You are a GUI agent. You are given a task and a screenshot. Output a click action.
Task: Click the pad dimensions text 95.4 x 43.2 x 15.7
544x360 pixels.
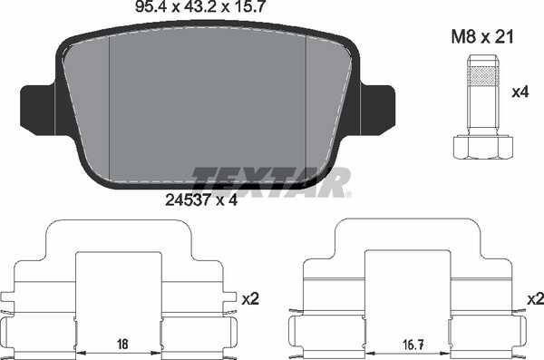(x=200, y=6)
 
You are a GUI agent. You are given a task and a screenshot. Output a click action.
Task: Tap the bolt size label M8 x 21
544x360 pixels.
(x=482, y=37)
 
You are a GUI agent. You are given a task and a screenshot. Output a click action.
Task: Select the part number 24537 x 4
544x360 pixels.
(x=201, y=200)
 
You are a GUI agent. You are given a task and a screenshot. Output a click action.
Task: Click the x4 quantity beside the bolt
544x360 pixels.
(x=520, y=92)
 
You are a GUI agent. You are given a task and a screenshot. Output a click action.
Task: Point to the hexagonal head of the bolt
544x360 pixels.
(x=483, y=148)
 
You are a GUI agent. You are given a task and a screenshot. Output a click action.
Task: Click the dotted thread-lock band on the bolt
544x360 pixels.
(x=483, y=76)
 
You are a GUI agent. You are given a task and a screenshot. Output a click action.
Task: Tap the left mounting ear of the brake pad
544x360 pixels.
(x=37, y=110)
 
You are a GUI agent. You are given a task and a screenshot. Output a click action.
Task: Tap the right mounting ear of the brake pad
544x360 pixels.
(x=377, y=110)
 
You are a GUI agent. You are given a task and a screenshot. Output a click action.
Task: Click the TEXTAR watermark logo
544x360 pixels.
(x=270, y=182)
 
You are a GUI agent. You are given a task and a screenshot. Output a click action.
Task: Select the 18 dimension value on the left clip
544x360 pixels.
(x=122, y=344)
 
